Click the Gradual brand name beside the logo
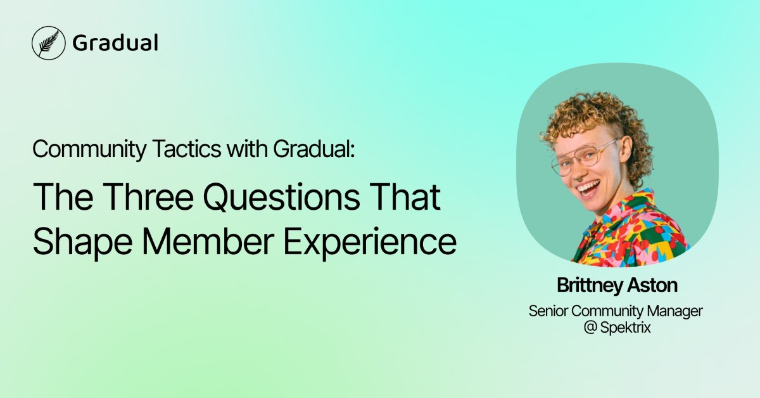point(115,43)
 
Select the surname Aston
point(653,286)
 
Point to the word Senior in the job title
point(546,311)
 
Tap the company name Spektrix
point(627,328)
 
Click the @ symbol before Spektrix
point(590,328)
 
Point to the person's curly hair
point(589,117)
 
